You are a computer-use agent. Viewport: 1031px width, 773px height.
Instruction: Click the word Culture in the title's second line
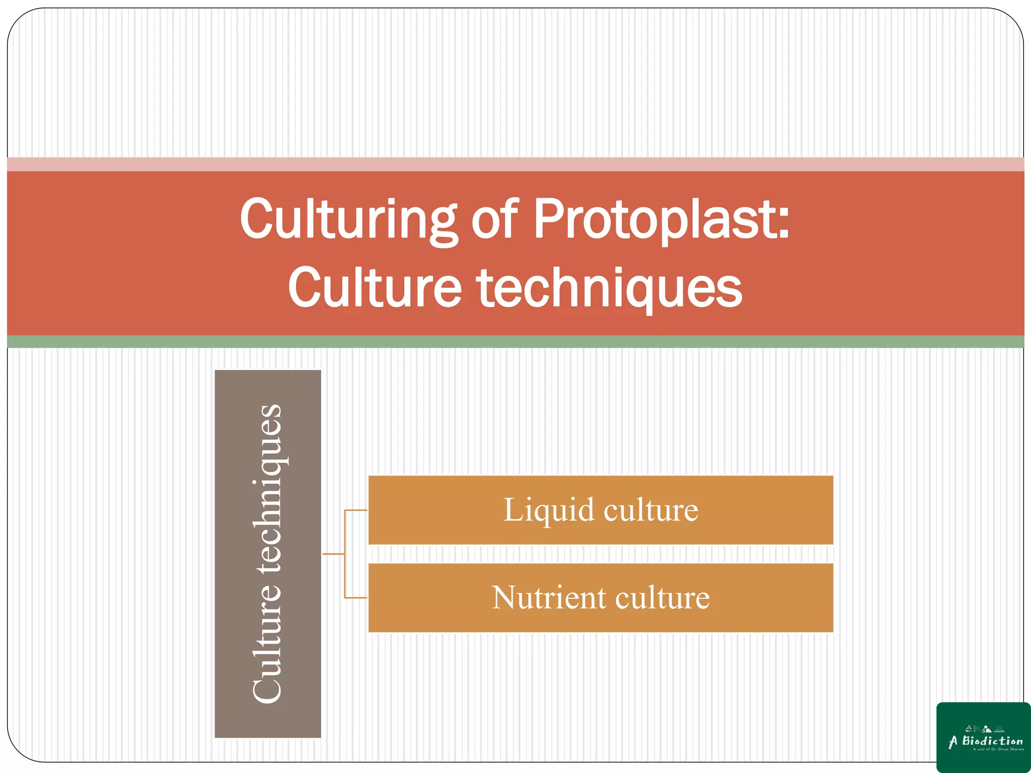click(375, 288)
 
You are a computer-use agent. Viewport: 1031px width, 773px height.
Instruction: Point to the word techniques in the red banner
click(610, 288)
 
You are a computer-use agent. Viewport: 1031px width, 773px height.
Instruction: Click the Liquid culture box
click(601, 510)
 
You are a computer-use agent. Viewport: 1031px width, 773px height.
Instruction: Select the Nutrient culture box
click(601, 598)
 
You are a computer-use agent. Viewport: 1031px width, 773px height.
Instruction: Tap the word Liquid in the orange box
click(549, 510)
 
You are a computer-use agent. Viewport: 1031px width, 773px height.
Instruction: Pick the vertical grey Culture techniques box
click(268, 554)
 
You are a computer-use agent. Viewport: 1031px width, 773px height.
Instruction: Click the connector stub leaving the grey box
click(333, 554)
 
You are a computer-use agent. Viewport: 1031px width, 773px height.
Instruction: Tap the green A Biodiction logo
click(983, 737)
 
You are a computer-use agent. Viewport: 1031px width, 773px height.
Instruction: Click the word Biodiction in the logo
click(992, 741)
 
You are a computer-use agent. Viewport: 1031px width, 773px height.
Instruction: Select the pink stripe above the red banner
click(515, 164)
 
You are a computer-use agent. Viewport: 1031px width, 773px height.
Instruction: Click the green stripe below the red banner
click(515, 342)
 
